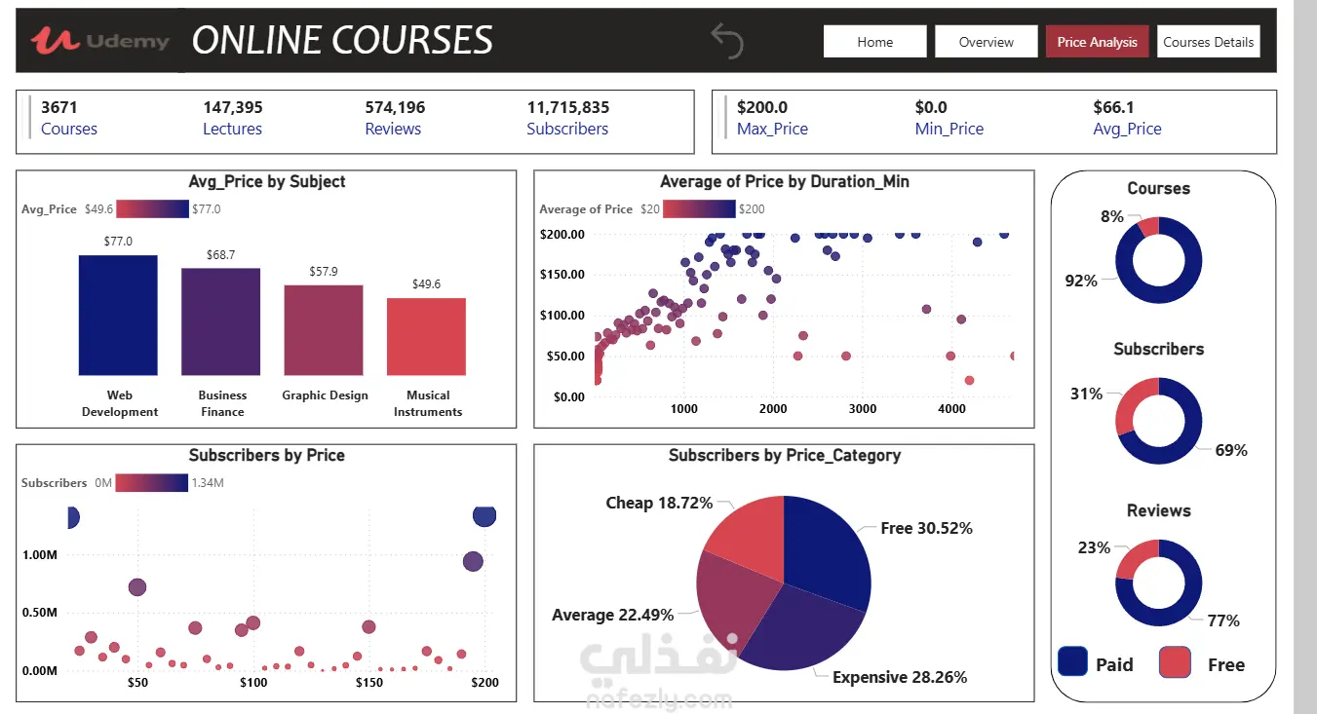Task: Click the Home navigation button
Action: [x=874, y=42]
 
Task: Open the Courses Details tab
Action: [x=1208, y=42]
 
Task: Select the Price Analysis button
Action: [x=1097, y=42]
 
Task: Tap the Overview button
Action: [x=986, y=42]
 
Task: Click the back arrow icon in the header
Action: [x=727, y=41]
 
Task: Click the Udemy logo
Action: [x=100, y=41]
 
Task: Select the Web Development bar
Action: [x=118, y=315]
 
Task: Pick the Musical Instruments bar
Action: [x=426, y=336]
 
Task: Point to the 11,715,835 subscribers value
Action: [x=567, y=107]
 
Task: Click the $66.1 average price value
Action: [x=1113, y=107]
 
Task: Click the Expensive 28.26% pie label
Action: [x=899, y=677]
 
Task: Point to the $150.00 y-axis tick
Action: [x=562, y=275]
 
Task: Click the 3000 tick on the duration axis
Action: [x=862, y=409]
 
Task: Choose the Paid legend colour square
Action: [x=1072, y=662]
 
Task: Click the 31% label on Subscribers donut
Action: [x=1086, y=394]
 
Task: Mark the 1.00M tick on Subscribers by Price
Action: [x=39, y=555]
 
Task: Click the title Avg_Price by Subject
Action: [x=266, y=181]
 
